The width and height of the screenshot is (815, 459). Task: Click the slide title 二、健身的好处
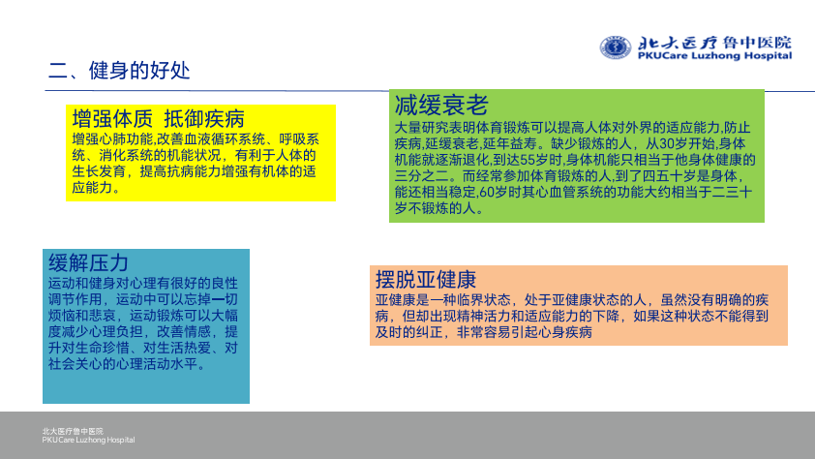click(119, 71)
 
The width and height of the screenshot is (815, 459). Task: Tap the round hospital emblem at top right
click(616, 47)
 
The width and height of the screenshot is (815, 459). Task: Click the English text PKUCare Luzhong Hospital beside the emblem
click(714, 55)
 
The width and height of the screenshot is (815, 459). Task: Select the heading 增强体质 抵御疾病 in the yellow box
click(158, 118)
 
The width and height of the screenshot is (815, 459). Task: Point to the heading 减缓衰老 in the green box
click(441, 105)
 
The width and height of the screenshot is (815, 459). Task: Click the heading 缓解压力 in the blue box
click(88, 263)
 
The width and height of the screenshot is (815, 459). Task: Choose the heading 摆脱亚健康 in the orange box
click(426, 280)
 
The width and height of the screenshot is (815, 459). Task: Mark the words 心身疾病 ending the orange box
click(565, 332)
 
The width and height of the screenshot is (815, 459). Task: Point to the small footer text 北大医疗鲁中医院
click(73, 432)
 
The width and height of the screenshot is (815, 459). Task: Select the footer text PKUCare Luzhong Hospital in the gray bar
click(88, 441)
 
